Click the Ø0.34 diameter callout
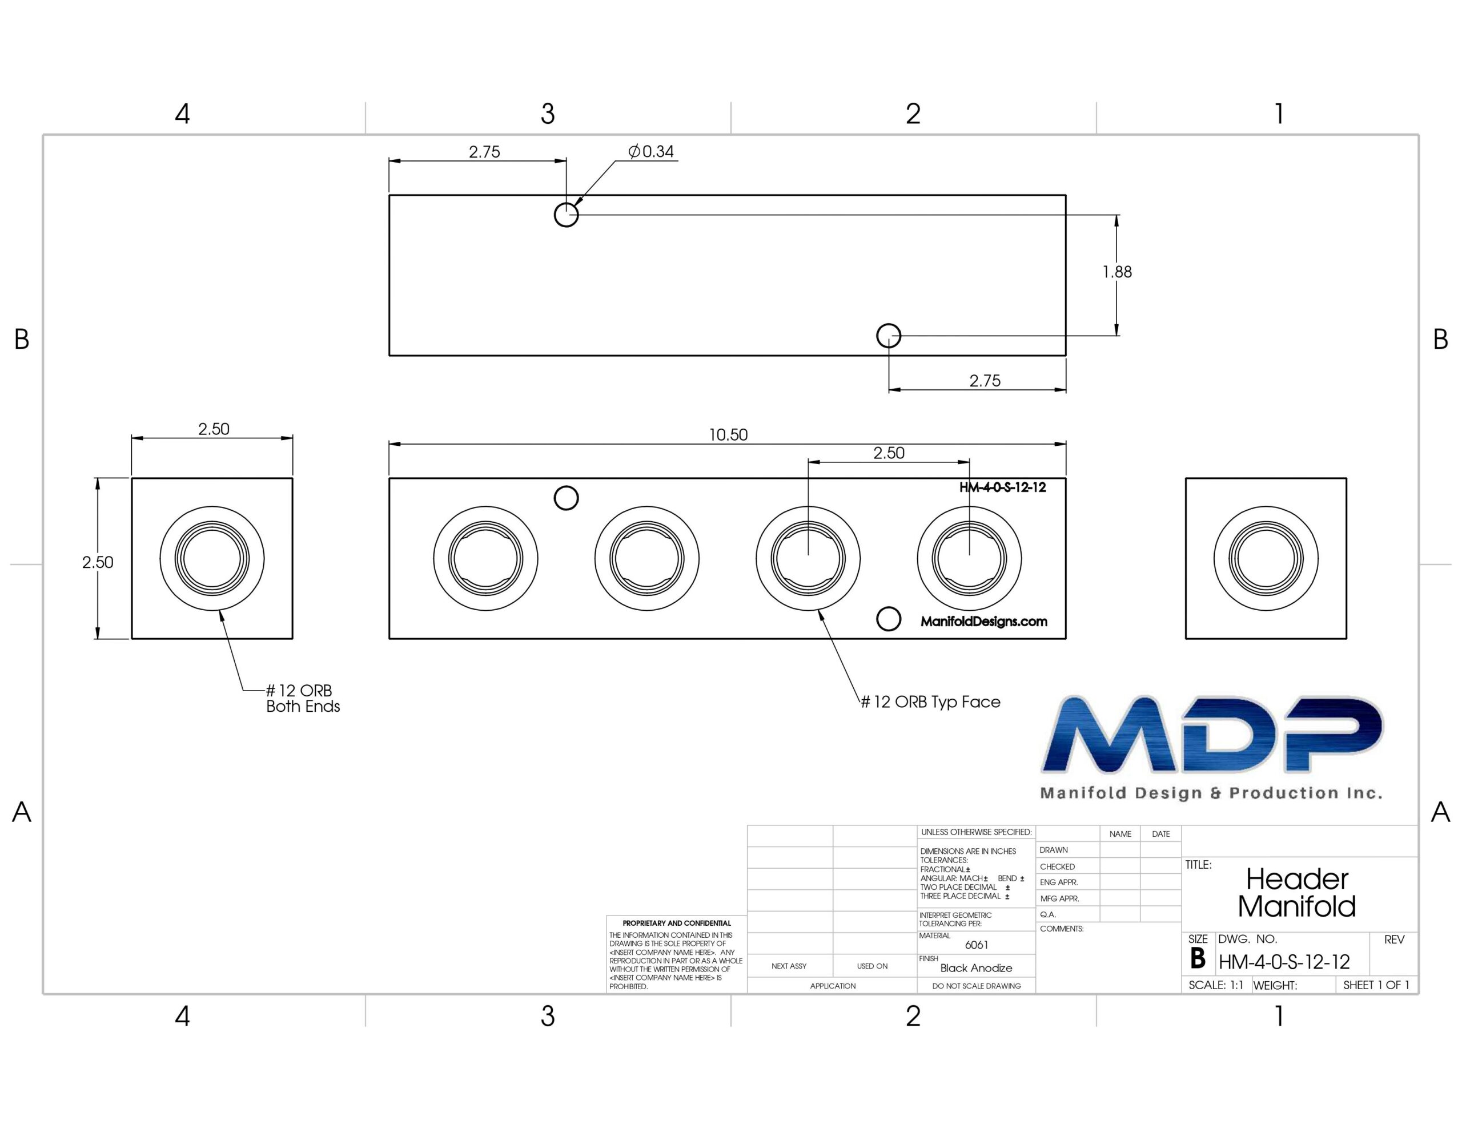pos(650,152)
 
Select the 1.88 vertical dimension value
pos(1117,272)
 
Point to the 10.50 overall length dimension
pos(728,435)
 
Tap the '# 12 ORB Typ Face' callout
pos(930,702)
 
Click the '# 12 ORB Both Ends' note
pos(303,699)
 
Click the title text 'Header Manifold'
pos(1296,893)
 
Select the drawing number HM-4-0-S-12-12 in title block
pos(1284,962)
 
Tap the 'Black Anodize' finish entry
pos(976,969)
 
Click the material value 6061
pos(977,945)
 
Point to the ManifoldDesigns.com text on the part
pos(984,622)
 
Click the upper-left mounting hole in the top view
pos(567,215)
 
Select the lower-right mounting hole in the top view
pos(889,336)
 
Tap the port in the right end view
pos(1266,558)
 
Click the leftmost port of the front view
pos(485,558)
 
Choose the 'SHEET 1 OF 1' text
pos(1376,985)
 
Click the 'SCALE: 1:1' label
pos(1216,985)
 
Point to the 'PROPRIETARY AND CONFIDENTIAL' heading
pos(677,924)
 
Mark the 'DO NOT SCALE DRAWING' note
pos(977,986)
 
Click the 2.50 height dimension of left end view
pos(98,562)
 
